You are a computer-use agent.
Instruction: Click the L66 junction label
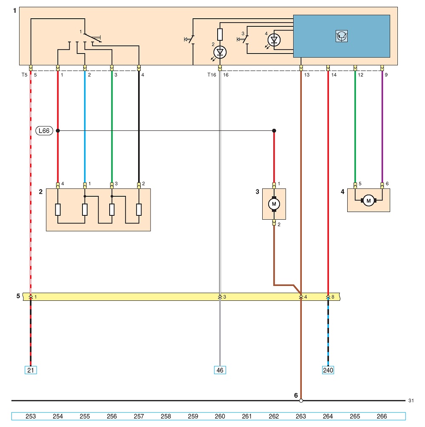[44, 131]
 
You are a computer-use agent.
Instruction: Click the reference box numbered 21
[31, 370]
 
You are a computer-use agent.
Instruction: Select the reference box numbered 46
[220, 370]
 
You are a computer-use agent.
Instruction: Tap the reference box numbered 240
[328, 370]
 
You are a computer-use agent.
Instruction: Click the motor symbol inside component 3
[274, 204]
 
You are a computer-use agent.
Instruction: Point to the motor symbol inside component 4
[368, 201]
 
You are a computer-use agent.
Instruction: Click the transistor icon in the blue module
[342, 36]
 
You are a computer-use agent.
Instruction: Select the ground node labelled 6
[301, 401]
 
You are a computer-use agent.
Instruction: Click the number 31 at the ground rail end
[411, 401]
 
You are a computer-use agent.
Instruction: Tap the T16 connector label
[212, 75]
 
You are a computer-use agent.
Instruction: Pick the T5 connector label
[25, 75]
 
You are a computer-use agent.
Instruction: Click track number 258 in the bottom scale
[166, 416]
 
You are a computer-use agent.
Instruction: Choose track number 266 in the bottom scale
[382, 416]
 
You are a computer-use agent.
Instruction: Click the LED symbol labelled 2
[220, 52]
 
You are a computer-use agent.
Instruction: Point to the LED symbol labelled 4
[274, 40]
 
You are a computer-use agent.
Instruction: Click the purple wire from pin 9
[382, 127]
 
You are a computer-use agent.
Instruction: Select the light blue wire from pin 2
[85, 127]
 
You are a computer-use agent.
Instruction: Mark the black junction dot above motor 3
[274, 131]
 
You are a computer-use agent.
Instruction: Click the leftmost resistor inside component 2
[58, 210]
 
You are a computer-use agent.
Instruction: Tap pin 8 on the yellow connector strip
[328, 297]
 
